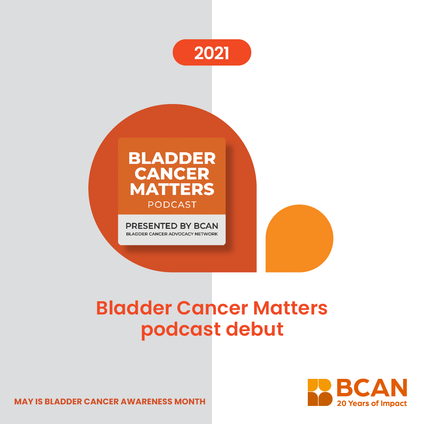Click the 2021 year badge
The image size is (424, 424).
(x=212, y=53)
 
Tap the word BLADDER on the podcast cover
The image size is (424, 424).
(x=172, y=158)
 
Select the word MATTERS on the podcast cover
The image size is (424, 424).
(x=172, y=189)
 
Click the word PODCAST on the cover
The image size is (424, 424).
(x=172, y=205)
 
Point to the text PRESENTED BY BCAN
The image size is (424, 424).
(x=172, y=226)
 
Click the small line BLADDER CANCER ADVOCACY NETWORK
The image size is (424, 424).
(x=172, y=234)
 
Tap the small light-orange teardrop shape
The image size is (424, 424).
(x=299, y=239)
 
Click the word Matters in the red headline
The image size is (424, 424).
(x=290, y=308)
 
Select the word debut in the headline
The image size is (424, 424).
(x=254, y=329)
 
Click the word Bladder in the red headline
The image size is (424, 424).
(x=134, y=308)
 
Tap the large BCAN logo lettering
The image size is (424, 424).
(x=372, y=387)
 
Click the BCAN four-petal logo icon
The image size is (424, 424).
(x=320, y=392)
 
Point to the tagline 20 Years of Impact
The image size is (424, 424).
(x=372, y=404)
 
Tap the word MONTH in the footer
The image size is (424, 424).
(x=190, y=402)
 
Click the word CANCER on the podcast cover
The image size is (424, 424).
(x=172, y=174)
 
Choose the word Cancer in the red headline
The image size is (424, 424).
(x=212, y=308)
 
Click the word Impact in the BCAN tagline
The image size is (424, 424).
(x=394, y=404)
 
